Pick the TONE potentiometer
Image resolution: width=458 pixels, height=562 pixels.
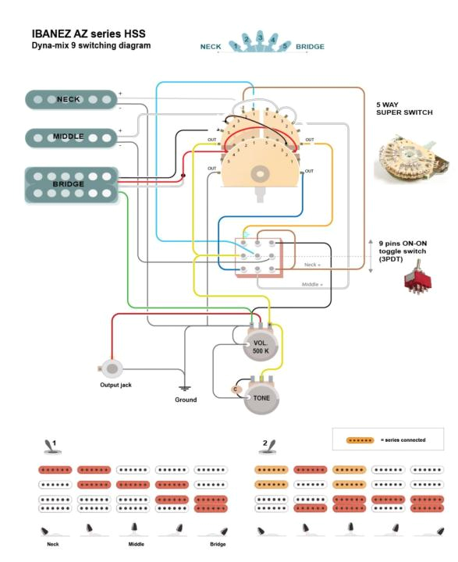261,397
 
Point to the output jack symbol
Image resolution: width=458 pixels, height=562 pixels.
113,368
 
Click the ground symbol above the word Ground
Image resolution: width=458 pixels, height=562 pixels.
185,388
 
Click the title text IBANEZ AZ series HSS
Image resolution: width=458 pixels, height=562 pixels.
88,34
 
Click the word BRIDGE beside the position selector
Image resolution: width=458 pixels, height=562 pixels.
310,47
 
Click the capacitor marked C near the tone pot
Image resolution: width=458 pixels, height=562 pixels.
235,388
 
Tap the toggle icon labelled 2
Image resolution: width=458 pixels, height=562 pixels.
267,446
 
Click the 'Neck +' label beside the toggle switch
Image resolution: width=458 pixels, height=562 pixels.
312,265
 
